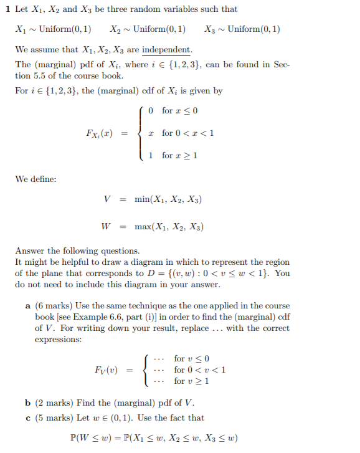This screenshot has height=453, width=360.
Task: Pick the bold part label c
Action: (29, 417)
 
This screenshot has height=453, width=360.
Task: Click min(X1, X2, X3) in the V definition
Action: (168, 200)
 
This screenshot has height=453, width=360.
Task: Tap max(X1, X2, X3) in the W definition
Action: (169, 227)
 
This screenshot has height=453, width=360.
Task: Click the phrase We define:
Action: (36, 179)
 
